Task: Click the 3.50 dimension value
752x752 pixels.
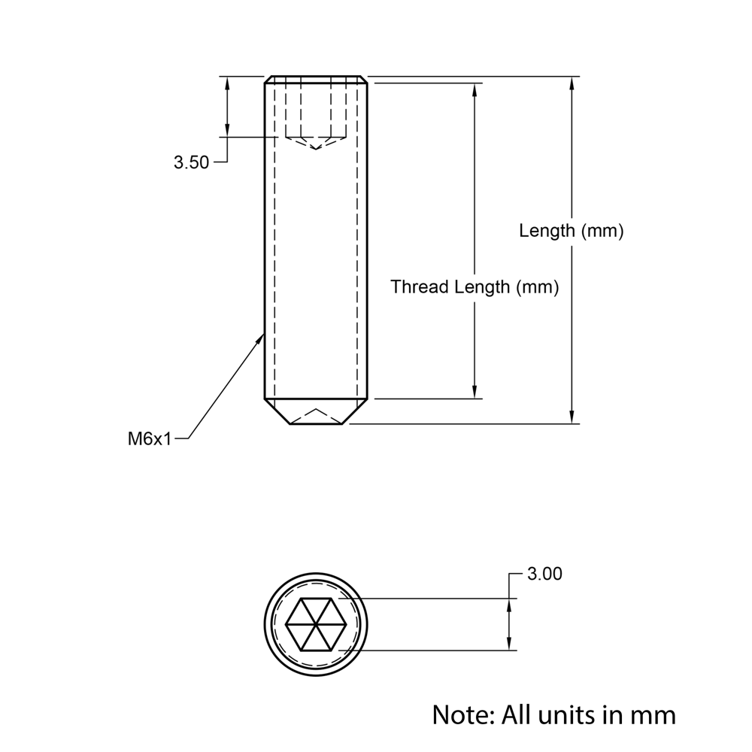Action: pyautogui.click(x=191, y=162)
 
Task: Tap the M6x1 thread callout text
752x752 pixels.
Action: pyautogui.click(x=150, y=438)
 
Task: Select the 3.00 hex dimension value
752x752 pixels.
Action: pyautogui.click(x=544, y=574)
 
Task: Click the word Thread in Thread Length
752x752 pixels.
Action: pyautogui.click(x=420, y=287)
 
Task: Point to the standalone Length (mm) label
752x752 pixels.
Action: pyautogui.click(x=572, y=231)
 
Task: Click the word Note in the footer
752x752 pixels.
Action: pyautogui.click(x=461, y=714)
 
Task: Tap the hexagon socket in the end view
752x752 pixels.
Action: pyautogui.click(x=316, y=624)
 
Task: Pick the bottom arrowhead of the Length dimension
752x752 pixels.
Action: pyautogui.click(x=573, y=417)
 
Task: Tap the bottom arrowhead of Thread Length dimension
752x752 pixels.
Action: pyautogui.click(x=475, y=392)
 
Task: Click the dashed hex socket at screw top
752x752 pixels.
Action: pyautogui.click(x=316, y=113)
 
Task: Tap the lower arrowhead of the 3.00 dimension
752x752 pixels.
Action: pyautogui.click(x=511, y=644)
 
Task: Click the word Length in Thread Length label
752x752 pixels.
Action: pyautogui.click(x=484, y=287)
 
